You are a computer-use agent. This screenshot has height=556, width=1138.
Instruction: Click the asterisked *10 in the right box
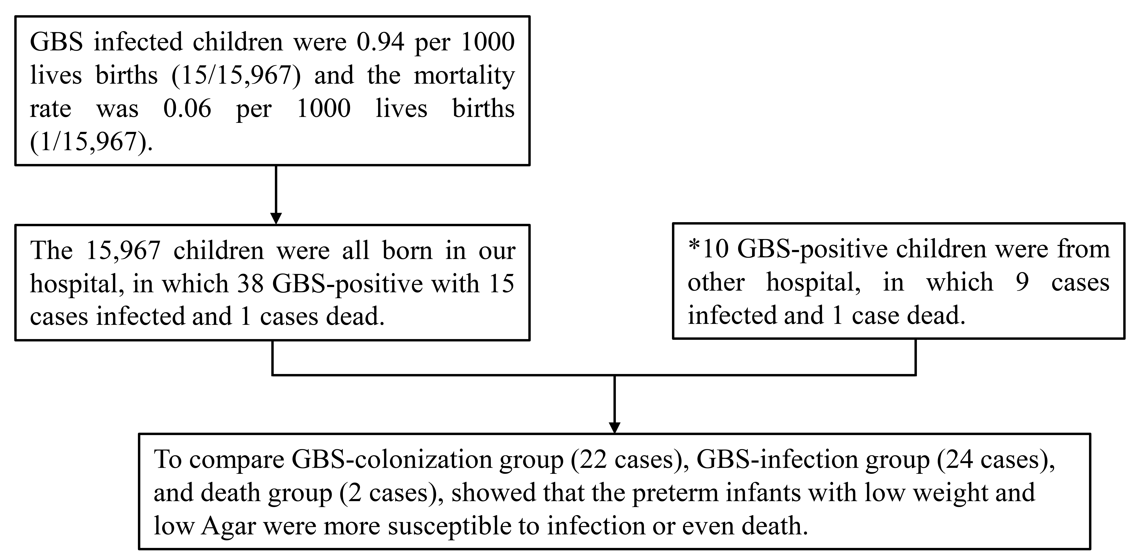[708, 249]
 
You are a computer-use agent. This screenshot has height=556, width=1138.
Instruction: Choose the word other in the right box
[716, 283]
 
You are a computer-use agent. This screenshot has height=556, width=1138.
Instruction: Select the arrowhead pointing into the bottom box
[614, 427]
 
